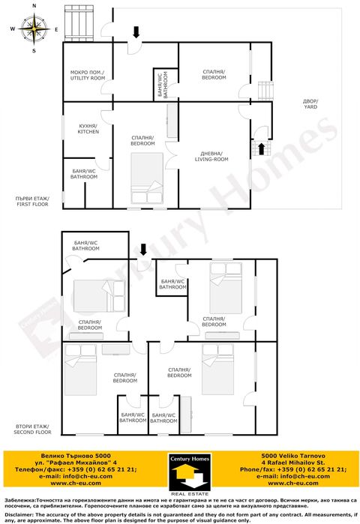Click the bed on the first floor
(x=147, y=178)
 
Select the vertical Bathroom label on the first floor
(x=162, y=85)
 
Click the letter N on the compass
(x=34, y=5)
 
